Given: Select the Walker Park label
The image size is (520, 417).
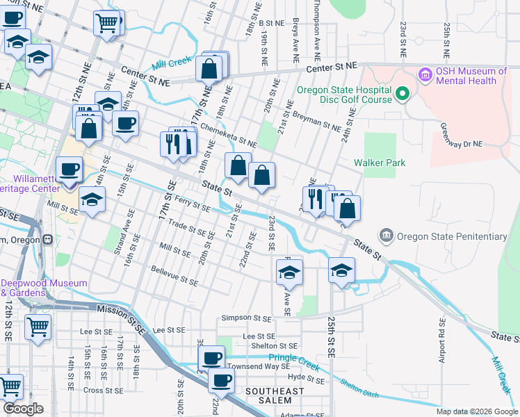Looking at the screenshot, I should [x=378, y=163].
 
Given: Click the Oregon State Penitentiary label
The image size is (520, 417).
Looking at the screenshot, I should [x=452, y=236].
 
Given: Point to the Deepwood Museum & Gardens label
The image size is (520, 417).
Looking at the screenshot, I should [x=43, y=288].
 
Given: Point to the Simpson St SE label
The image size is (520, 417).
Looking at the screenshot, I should [x=245, y=318].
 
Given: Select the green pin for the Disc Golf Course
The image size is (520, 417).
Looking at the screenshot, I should [x=402, y=94].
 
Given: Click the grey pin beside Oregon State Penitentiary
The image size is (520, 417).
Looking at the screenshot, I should [x=387, y=236].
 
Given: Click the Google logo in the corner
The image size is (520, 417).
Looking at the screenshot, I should [x=23, y=409].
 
